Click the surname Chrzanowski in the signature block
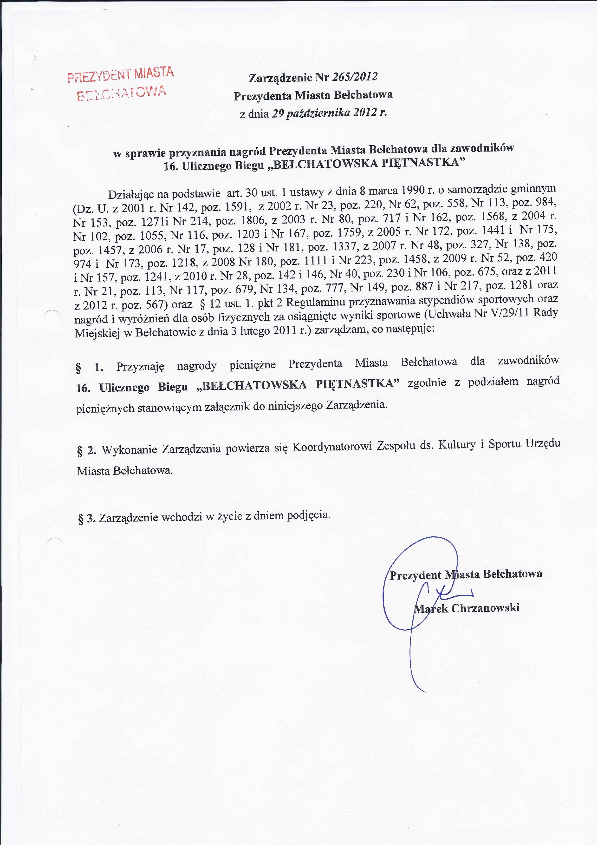(x=485, y=608)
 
